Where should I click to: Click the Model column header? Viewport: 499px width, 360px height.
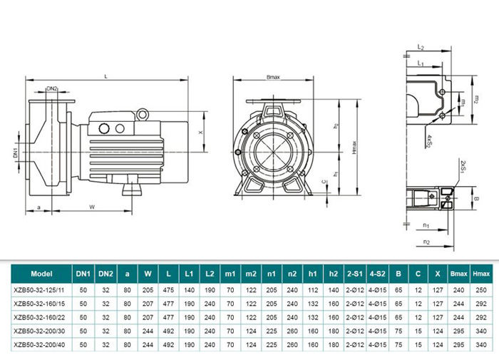click(42, 272)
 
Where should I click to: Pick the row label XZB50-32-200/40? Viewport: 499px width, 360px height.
click(42, 345)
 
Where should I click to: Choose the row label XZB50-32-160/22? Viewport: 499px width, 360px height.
click(42, 317)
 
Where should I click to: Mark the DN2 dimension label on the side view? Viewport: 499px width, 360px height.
click(52, 88)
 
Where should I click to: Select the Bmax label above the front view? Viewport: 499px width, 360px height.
click(272, 76)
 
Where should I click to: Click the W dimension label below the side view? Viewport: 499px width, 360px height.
click(92, 207)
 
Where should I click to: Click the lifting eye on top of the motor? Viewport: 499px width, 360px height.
click(143, 111)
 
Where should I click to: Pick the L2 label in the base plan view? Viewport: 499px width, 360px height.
click(421, 47)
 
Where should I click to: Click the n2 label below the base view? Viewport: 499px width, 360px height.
click(426, 242)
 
